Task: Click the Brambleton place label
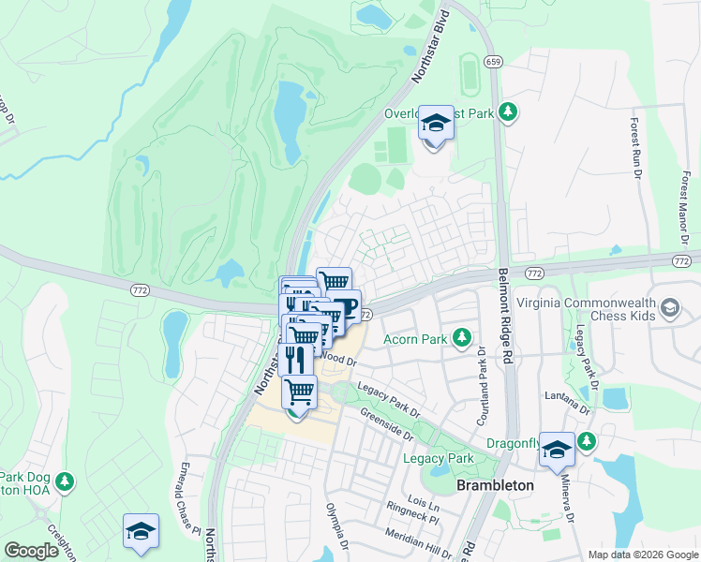click(495, 485)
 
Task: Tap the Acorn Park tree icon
click(461, 336)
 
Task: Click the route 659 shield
click(492, 61)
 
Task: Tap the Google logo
click(31, 551)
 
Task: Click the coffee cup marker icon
click(343, 307)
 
